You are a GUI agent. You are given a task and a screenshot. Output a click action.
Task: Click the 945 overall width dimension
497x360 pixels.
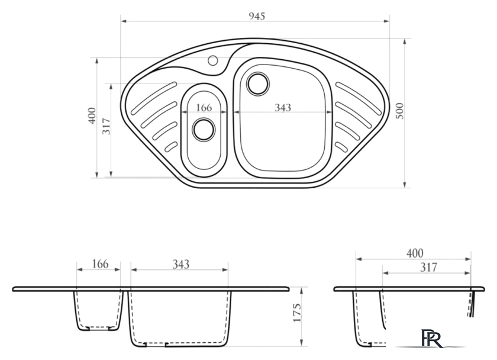[257, 16]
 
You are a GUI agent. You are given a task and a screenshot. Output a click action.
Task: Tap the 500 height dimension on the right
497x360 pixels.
[400, 111]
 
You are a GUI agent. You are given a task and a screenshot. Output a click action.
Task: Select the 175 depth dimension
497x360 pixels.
[297, 313]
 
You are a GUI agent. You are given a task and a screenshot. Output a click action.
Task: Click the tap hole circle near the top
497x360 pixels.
[212, 60]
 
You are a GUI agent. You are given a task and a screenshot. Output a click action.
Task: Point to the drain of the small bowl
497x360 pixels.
[204, 130]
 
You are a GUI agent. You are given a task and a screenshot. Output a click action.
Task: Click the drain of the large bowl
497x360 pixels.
[258, 83]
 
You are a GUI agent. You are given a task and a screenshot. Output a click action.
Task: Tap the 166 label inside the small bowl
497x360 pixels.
[204, 108]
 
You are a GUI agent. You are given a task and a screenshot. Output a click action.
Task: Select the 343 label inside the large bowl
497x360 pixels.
[283, 108]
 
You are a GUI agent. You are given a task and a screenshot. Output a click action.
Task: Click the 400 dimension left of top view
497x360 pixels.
[92, 116]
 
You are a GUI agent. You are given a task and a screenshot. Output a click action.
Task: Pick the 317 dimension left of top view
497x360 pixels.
[106, 126]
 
